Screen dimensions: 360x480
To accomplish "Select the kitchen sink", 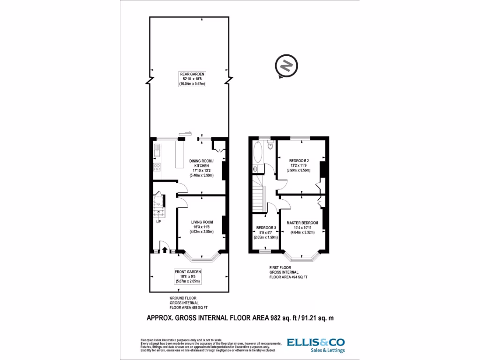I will pyautogui.click(x=157, y=150).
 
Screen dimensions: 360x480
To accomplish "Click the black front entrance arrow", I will pyautogui.click(x=165, y=249).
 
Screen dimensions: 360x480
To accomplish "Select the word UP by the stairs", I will pyautogui.click(x=158, y=222).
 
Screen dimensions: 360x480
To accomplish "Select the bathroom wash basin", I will pyautogui.click(x=255, y=168).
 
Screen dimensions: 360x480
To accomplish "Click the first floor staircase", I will pyautogui.click(x=258, y=193).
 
